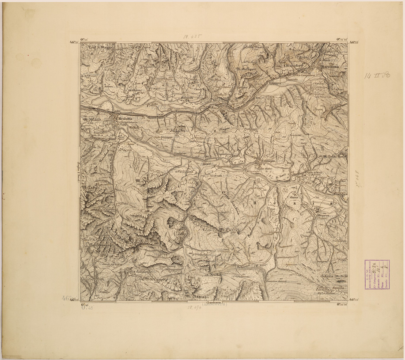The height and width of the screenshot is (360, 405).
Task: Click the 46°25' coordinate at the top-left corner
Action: [x=74, y=42]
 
